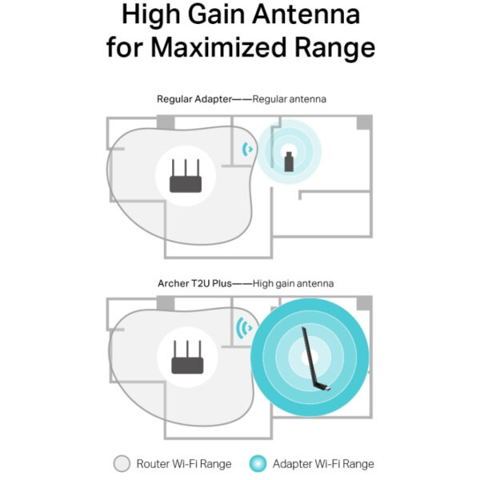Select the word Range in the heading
click(335, 46)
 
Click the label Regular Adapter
click(192, 98)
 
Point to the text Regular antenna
click(290, 98)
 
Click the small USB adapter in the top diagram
click(289, 161)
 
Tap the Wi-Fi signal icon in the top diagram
click(249, 149)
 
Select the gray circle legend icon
click(122, 463)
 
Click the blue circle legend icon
click(258, 463)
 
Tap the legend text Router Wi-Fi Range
click(184, 463)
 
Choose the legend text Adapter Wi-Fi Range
click(322, 463)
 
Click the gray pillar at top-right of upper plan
click(364, 122)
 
